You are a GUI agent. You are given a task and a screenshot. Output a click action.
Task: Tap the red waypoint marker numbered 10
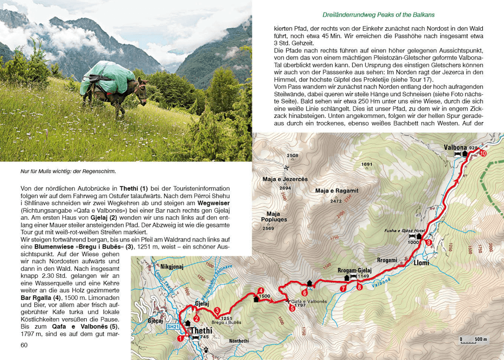click(483, 154)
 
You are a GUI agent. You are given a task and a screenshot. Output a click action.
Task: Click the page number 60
click(24, 345)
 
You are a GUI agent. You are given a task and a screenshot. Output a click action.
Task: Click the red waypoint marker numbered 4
click(261, 290)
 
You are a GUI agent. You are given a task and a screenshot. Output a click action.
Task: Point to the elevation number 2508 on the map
click(292, 155)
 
